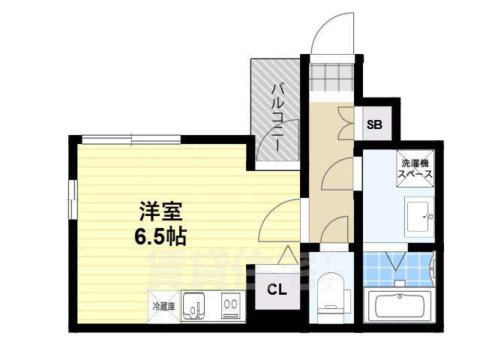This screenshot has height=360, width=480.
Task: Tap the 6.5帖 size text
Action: [x=160, y=237]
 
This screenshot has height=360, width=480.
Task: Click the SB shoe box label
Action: [x=374, y=124]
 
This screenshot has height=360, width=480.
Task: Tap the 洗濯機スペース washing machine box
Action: [x=415, y=169]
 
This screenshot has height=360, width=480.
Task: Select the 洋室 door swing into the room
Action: [x=281, y=219]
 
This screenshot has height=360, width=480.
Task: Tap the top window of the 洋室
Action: [x=131, y=138]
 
